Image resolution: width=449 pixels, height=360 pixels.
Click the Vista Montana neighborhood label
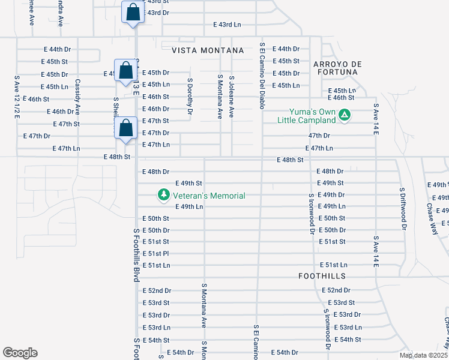coord(208,50)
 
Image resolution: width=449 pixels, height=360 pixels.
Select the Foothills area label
coord(322,276)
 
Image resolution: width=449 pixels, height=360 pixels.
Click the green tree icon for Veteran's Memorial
coord(163,195)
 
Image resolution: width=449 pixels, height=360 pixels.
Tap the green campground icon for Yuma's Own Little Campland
coord(344,114)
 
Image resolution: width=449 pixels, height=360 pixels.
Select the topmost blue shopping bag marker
coord(133,12)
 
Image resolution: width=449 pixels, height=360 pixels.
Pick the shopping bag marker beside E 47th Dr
coord(125,128)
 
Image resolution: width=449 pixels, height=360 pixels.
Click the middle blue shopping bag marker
coord(125,70)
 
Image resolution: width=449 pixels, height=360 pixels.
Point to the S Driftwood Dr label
coord(403,208)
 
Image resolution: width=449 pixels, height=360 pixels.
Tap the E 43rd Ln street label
coord(227,25)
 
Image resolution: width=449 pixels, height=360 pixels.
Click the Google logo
coord(20,352)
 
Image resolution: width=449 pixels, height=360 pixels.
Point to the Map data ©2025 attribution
coord(423,355)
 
